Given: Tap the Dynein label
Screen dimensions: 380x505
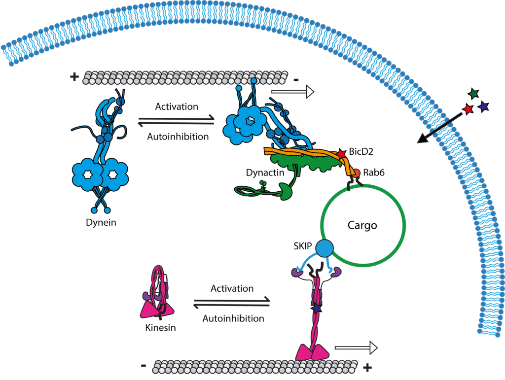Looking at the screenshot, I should (100, 222).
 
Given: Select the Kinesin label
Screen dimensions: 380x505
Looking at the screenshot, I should (161, 327).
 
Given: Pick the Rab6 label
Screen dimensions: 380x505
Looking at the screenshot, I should (376, 173).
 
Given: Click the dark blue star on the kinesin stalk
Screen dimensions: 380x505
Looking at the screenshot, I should (316, 308).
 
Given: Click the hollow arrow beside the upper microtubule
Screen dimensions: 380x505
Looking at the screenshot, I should (292, 91).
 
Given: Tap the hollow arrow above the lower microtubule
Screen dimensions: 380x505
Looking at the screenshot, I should (355, 347).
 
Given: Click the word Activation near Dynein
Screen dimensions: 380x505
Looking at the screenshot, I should (176, 106).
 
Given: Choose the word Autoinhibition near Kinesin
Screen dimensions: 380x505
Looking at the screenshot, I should (233, 318).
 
